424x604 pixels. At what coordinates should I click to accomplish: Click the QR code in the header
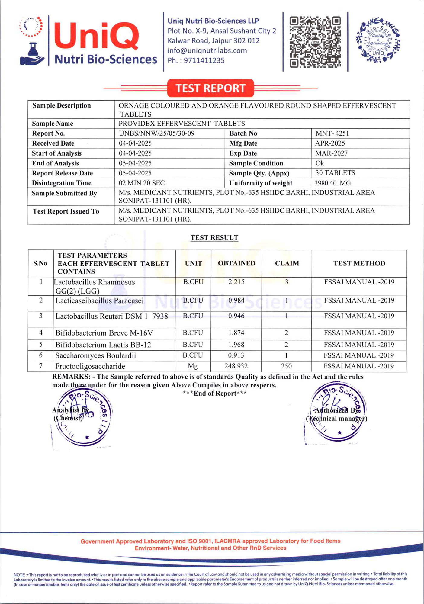tap(315, 42)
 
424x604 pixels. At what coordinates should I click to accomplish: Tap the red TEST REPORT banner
tap(210, 88)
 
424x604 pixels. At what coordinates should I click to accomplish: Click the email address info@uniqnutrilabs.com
tap(207, 50)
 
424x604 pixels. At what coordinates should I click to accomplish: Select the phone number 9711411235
tap(204, 60)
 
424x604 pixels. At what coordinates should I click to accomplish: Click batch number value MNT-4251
tap(332, 133)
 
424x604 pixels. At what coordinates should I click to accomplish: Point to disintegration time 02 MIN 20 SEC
tap(142, 183)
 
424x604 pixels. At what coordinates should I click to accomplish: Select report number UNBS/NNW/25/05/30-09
tap(156, 133)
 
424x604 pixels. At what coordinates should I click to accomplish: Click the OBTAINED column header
tap(236, 263)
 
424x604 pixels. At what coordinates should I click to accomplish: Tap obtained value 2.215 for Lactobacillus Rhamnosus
tap(236, 282)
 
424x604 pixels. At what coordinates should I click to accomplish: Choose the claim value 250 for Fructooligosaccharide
tap(286, 366)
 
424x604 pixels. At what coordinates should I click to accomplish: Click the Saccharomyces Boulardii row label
tap(95, 355)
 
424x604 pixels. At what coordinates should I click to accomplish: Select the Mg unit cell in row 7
tap(193, 366)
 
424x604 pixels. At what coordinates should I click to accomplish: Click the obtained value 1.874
tap(236, 333)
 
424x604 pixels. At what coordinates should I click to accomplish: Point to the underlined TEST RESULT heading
tap(214, 238)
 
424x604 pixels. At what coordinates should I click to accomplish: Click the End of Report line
tap(214, 393)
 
